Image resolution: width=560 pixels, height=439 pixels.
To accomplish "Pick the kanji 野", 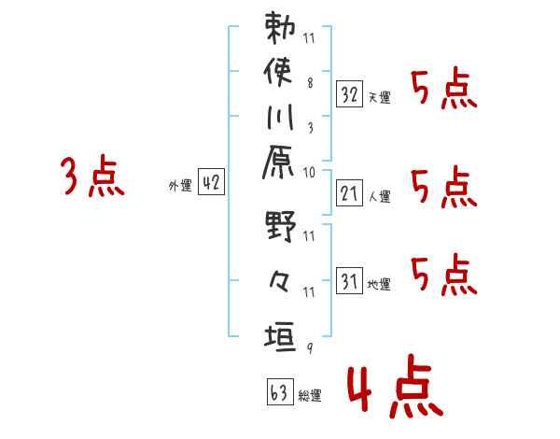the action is (281, 228).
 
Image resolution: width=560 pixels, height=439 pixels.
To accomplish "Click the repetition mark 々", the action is (281, 281).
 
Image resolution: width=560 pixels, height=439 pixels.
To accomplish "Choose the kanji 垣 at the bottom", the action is (281, 334).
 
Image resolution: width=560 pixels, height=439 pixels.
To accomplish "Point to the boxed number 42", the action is (212, 183).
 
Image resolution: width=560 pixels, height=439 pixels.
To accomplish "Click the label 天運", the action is (379, 98).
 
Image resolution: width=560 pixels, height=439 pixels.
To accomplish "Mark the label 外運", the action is (180, 187).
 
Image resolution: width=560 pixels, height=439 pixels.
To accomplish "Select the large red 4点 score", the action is (392, 389).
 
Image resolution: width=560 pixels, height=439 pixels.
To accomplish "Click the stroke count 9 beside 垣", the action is (309, 348).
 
